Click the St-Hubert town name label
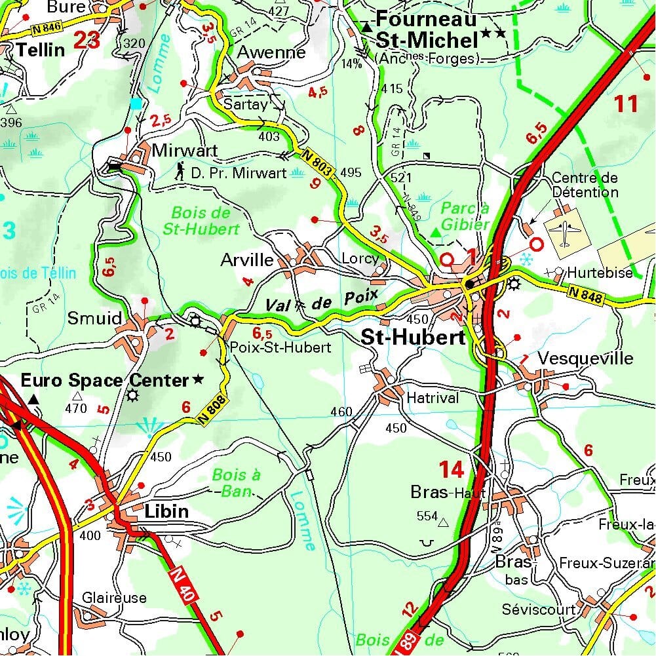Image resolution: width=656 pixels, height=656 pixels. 413,338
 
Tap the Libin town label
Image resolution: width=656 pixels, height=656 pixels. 166,511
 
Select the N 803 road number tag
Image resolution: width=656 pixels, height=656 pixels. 319,163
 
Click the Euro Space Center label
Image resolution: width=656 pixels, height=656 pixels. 105,380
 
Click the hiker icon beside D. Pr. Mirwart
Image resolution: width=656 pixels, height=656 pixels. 180,172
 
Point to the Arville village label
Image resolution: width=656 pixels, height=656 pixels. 247,260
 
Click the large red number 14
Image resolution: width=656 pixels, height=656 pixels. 452,469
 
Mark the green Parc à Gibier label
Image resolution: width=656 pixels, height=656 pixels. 465,216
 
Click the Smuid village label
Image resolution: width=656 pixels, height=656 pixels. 95,319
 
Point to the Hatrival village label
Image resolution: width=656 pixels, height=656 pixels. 433,398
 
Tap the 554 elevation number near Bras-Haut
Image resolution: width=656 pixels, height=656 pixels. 427,516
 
